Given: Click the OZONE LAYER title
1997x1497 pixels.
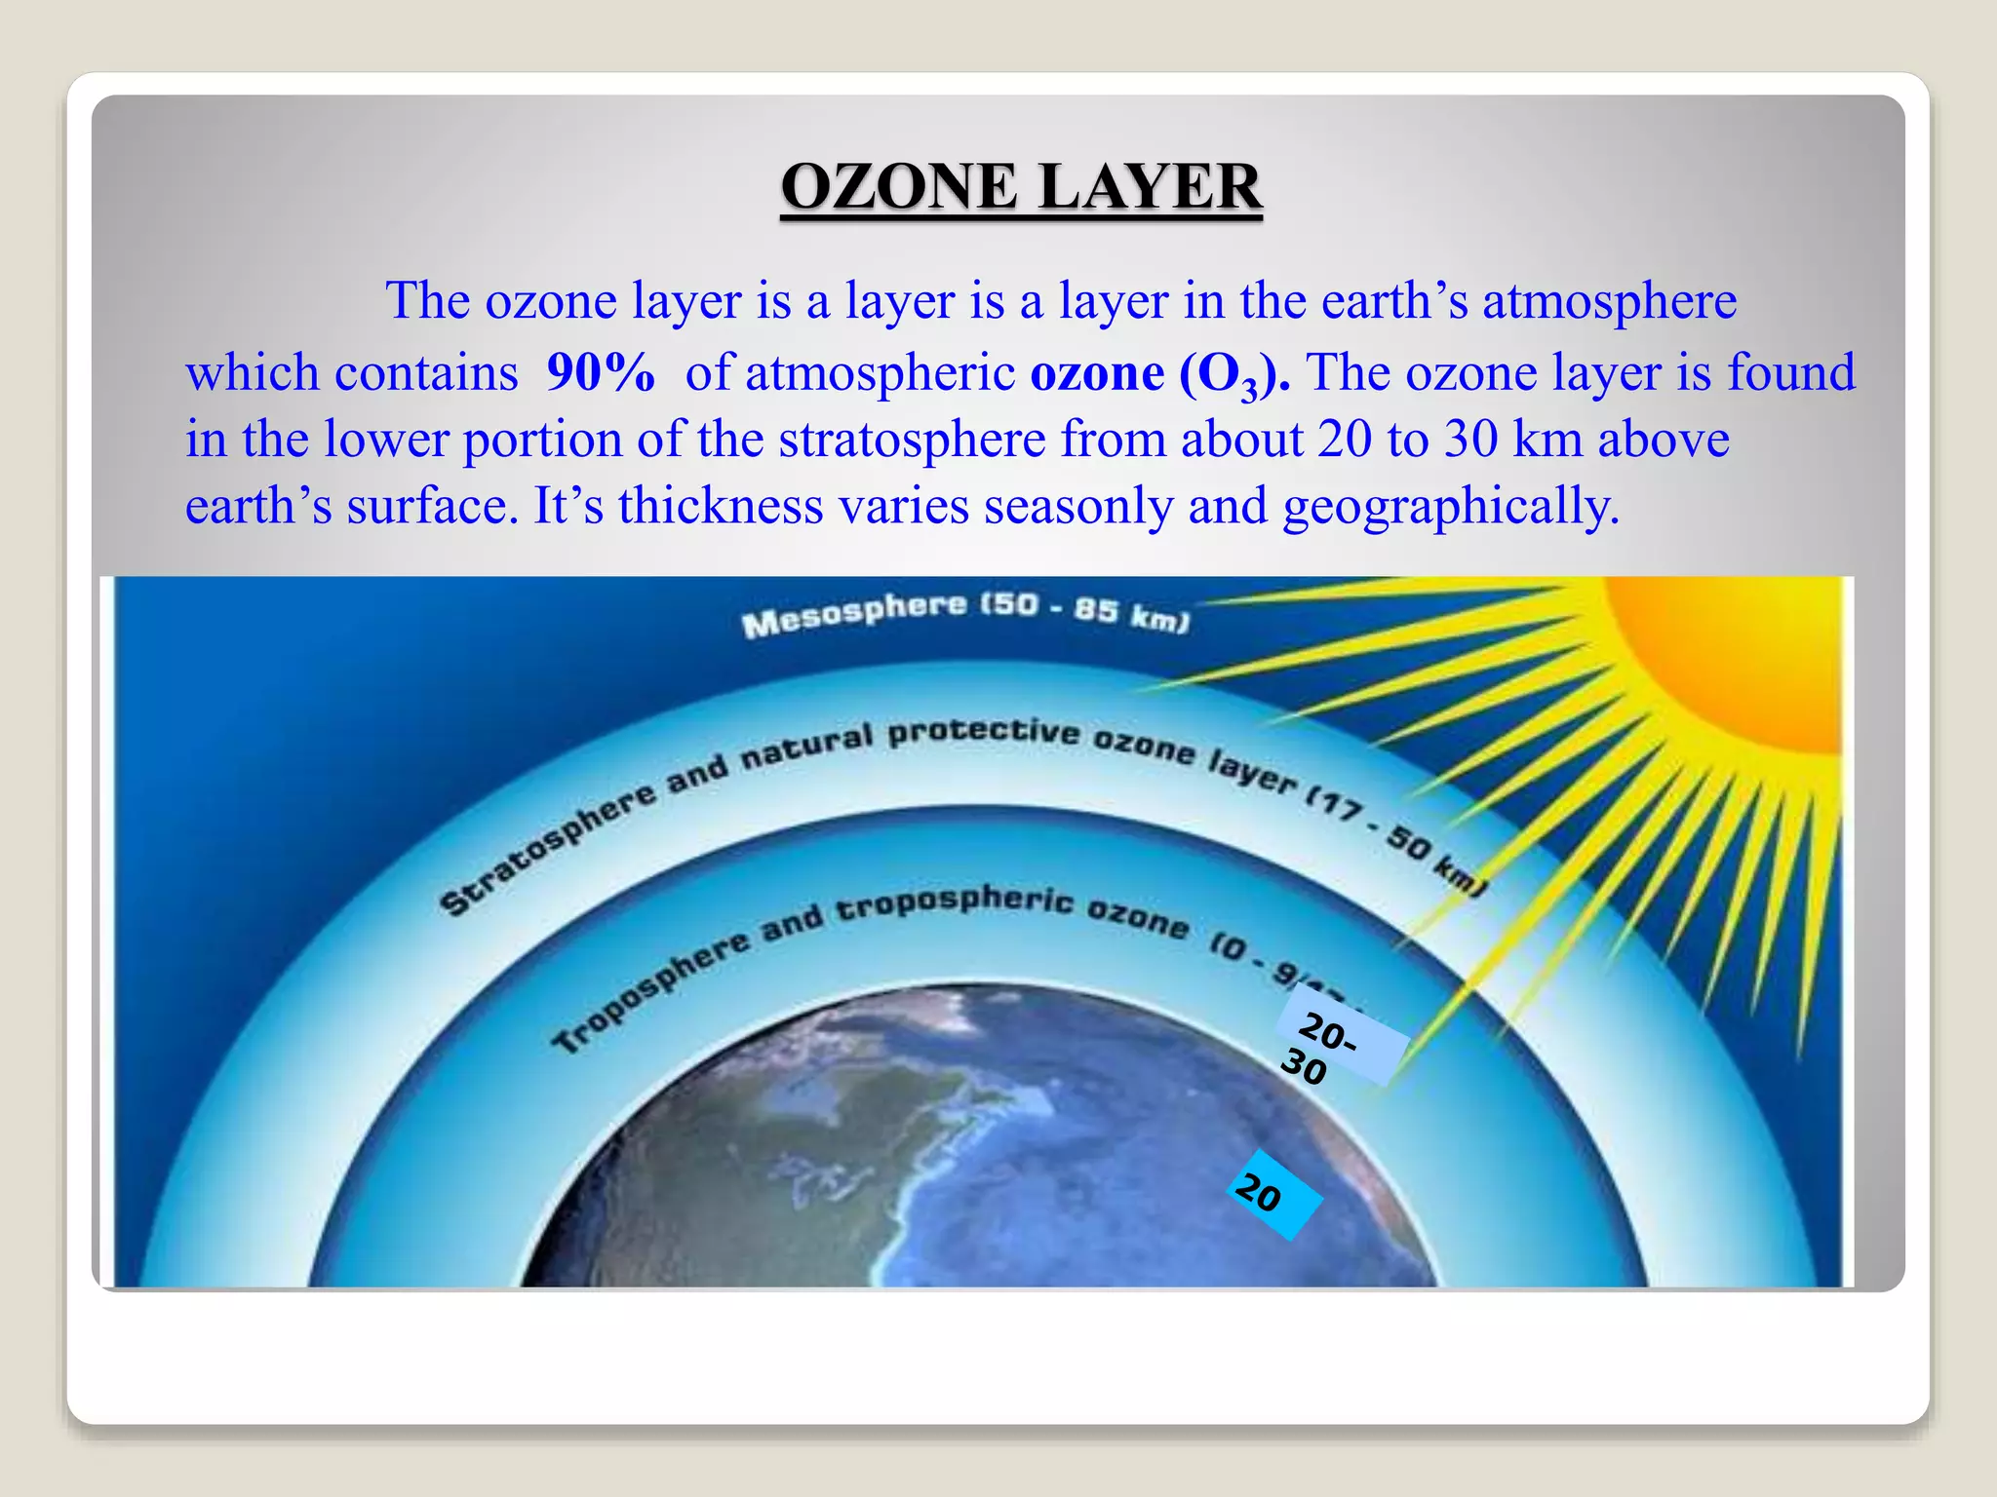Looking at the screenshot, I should point(1021,187).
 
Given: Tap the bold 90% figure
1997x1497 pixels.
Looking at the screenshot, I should point(600,373).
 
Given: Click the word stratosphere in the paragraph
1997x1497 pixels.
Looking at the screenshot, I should point(912,440).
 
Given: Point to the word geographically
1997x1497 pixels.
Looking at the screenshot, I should point(1450,507).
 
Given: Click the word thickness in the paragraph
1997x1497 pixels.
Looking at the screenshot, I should point(721,507).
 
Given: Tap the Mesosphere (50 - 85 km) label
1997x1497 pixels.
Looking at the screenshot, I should point(964,613).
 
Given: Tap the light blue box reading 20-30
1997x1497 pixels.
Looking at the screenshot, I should point(1342,1037).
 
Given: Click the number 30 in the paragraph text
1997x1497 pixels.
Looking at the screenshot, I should point(1470,440).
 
